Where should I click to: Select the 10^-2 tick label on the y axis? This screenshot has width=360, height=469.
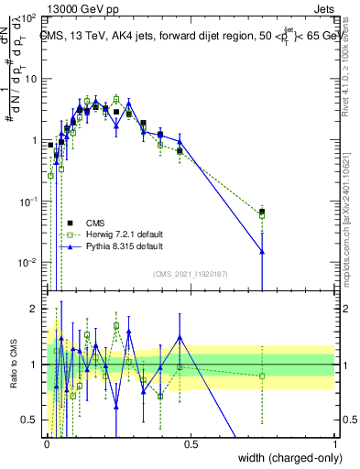pos(27,263)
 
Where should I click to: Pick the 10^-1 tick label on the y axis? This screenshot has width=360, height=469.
pos(27,202)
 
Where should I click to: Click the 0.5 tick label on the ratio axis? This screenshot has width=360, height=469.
pos(31,420)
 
